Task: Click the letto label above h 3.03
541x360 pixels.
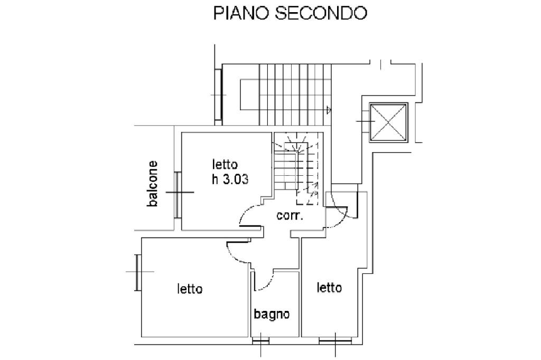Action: click(x=226, y=164)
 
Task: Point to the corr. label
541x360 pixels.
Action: click(x=290, y=215)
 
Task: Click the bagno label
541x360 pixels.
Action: click(x=272, y=315)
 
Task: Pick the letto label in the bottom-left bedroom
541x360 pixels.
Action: click(x=190, y=289)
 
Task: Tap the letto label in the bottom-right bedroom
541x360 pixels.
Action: click(x=329, y=288)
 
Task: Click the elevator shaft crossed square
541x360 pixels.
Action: click(x=389, y=122)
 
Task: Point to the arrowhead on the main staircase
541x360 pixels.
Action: click(x=329, y=110)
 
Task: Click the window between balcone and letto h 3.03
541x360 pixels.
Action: click(x=178, y=193)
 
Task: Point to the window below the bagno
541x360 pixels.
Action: click(x=260, y=341)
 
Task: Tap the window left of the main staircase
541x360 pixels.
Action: click(x=218, y=95)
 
